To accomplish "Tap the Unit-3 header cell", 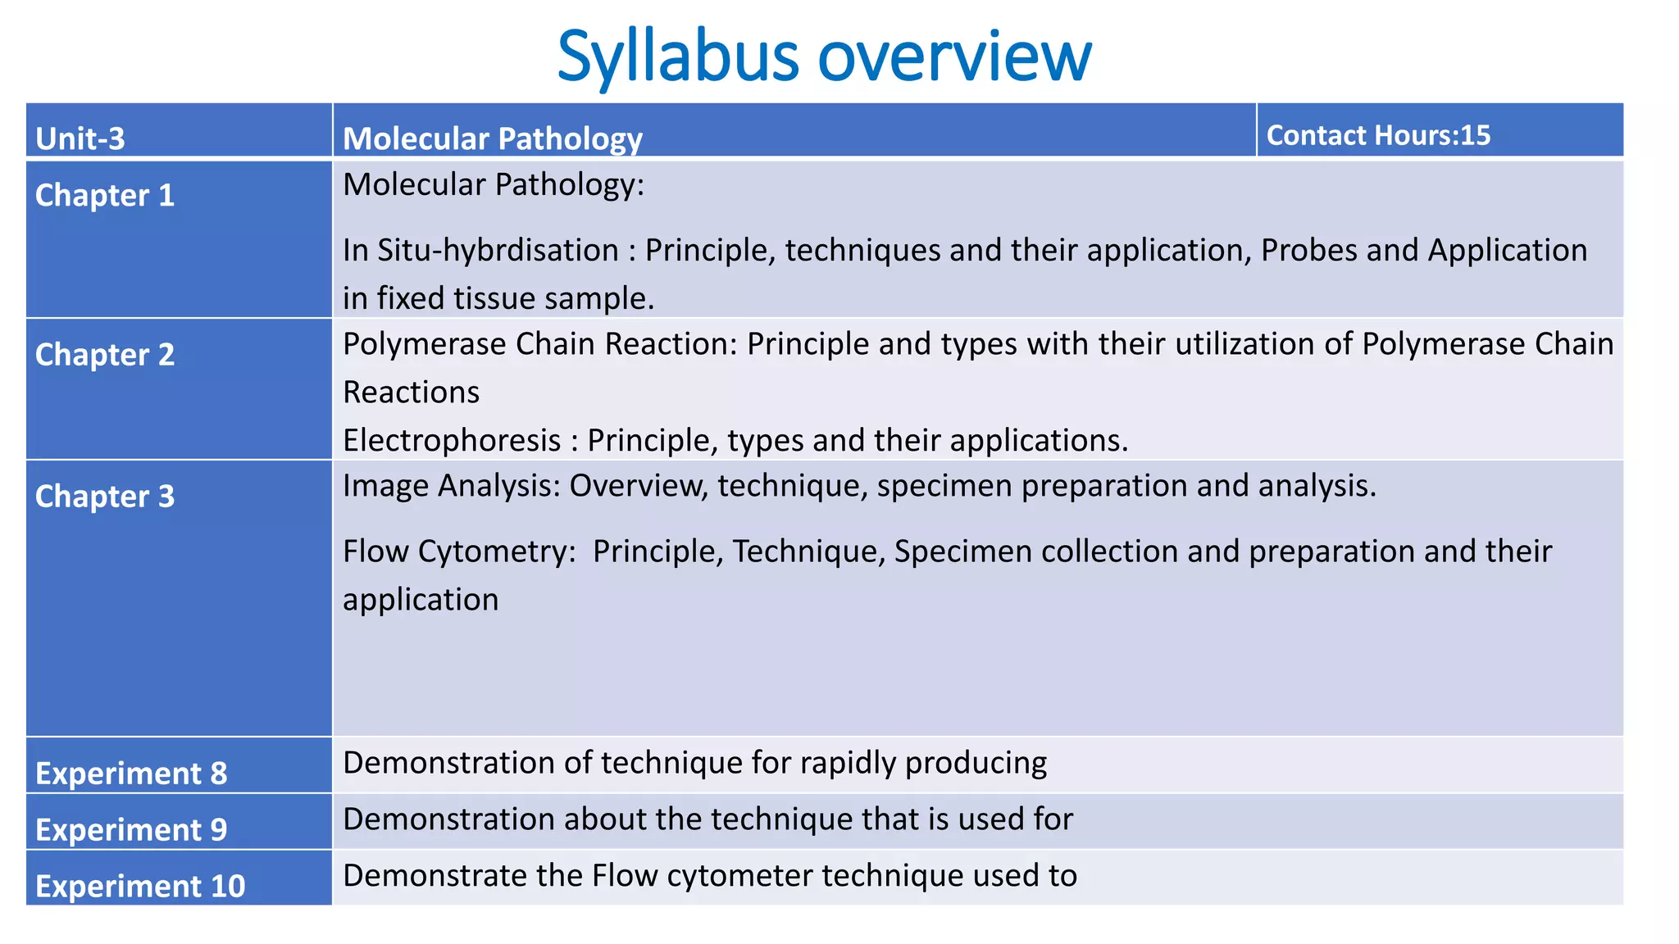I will [80, 138].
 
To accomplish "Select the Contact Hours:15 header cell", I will [1378, 134].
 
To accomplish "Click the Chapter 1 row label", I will [105, 195].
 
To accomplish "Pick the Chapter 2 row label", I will [105, 354].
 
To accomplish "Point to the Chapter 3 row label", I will [105, 496].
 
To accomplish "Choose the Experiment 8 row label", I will [131, 773].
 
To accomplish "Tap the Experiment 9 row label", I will [131, 829].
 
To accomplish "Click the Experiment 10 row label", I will [140, 886].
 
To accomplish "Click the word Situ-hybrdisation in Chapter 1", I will [498, 250].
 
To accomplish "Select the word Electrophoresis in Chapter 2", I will [452, 440].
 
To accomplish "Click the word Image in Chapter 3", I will [385, 485].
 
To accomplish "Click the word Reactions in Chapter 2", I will [411, 392].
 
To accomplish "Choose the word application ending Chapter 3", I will [421, 599].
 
